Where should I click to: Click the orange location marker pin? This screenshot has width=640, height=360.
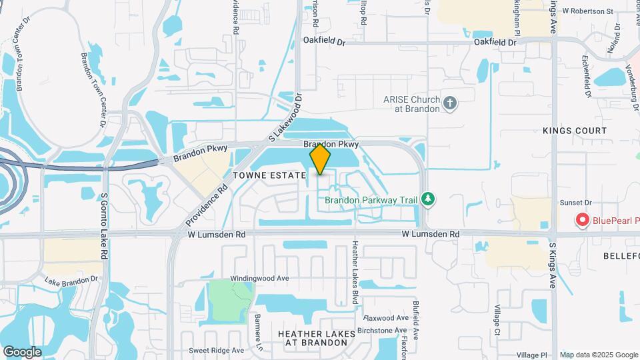(x=320, y=159)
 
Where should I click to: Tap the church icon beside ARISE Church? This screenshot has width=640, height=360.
(x=450, y=103)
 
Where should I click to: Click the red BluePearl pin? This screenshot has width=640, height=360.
(x=582, y=219)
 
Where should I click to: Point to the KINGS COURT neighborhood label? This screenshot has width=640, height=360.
(x=575, y=131)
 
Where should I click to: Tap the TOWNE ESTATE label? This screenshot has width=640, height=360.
(x=269, y=175)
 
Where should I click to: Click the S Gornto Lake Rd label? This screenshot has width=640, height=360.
(x=105, y=227)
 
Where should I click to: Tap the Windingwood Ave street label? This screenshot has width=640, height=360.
(x=259, y=278)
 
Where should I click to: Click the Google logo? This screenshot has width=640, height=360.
(x=22, y=351)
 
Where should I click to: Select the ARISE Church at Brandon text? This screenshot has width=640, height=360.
(x=411, y=103)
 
